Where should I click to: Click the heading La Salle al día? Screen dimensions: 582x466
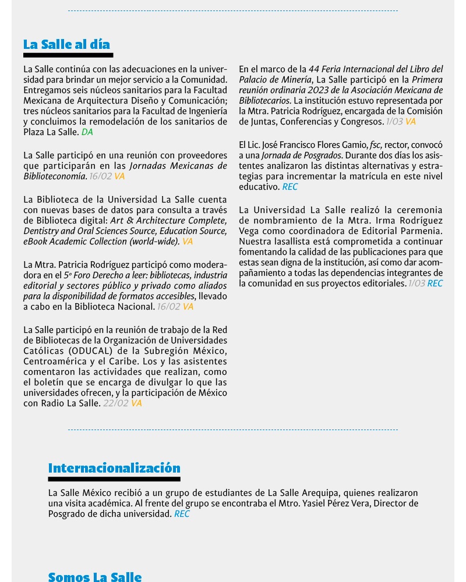66,45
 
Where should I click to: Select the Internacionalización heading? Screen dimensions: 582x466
114,469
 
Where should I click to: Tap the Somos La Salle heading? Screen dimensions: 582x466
95,577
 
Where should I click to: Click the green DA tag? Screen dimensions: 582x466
87,132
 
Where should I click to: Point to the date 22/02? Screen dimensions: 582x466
115,403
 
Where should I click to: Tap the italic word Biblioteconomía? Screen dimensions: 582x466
55,176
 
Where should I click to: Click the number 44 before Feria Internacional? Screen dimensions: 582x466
315,69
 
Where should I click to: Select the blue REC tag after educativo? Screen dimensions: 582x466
290,187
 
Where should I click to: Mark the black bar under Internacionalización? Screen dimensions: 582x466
114,480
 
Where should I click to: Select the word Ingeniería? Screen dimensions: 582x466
206,111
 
